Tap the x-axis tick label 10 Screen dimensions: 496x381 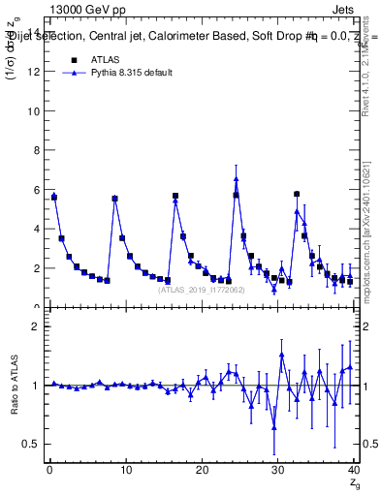coord(125,471)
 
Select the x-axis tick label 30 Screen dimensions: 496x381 coord(277,471)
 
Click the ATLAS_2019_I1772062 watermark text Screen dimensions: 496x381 coord(200,289)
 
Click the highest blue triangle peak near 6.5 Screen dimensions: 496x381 coord(236,178)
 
